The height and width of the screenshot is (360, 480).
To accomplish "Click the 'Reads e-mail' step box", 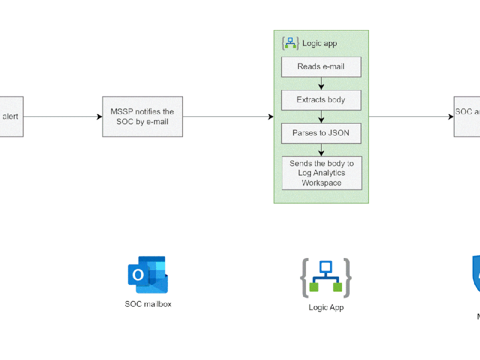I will tap(321, 67).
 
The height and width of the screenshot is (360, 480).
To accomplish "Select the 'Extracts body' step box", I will tap(321, 100).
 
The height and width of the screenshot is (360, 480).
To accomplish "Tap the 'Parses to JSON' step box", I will tap(321, 133).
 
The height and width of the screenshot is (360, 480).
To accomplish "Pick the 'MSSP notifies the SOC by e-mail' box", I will tap(142, 116).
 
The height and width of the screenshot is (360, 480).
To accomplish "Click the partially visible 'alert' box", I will tap(11, 116).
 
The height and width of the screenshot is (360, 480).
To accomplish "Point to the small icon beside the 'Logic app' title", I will tap(290, 43).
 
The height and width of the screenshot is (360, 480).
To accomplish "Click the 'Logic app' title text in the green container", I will tap(319, 43).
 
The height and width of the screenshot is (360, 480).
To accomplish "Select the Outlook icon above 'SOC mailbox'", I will tap(148, 275).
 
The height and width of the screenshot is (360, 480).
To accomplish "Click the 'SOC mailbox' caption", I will tap(148, 304).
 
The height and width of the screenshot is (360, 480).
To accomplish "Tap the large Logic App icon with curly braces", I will tap(326, 277).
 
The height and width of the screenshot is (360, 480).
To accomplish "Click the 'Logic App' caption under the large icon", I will tap(326, 308).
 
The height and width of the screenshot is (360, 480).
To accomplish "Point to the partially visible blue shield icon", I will tap(476, 274).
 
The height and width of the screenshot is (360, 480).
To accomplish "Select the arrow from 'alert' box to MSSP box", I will tap(63, 116).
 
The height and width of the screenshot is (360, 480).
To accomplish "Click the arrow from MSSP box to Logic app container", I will tap(228, 116).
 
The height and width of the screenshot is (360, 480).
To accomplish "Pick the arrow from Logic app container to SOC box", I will tap(412, 116).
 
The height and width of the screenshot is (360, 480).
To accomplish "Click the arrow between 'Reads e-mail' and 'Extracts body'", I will tap(321, 83).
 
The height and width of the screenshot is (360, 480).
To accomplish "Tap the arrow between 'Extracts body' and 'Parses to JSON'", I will tap(321, 116).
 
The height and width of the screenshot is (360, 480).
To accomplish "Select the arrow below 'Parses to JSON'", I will tap(321, 149).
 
